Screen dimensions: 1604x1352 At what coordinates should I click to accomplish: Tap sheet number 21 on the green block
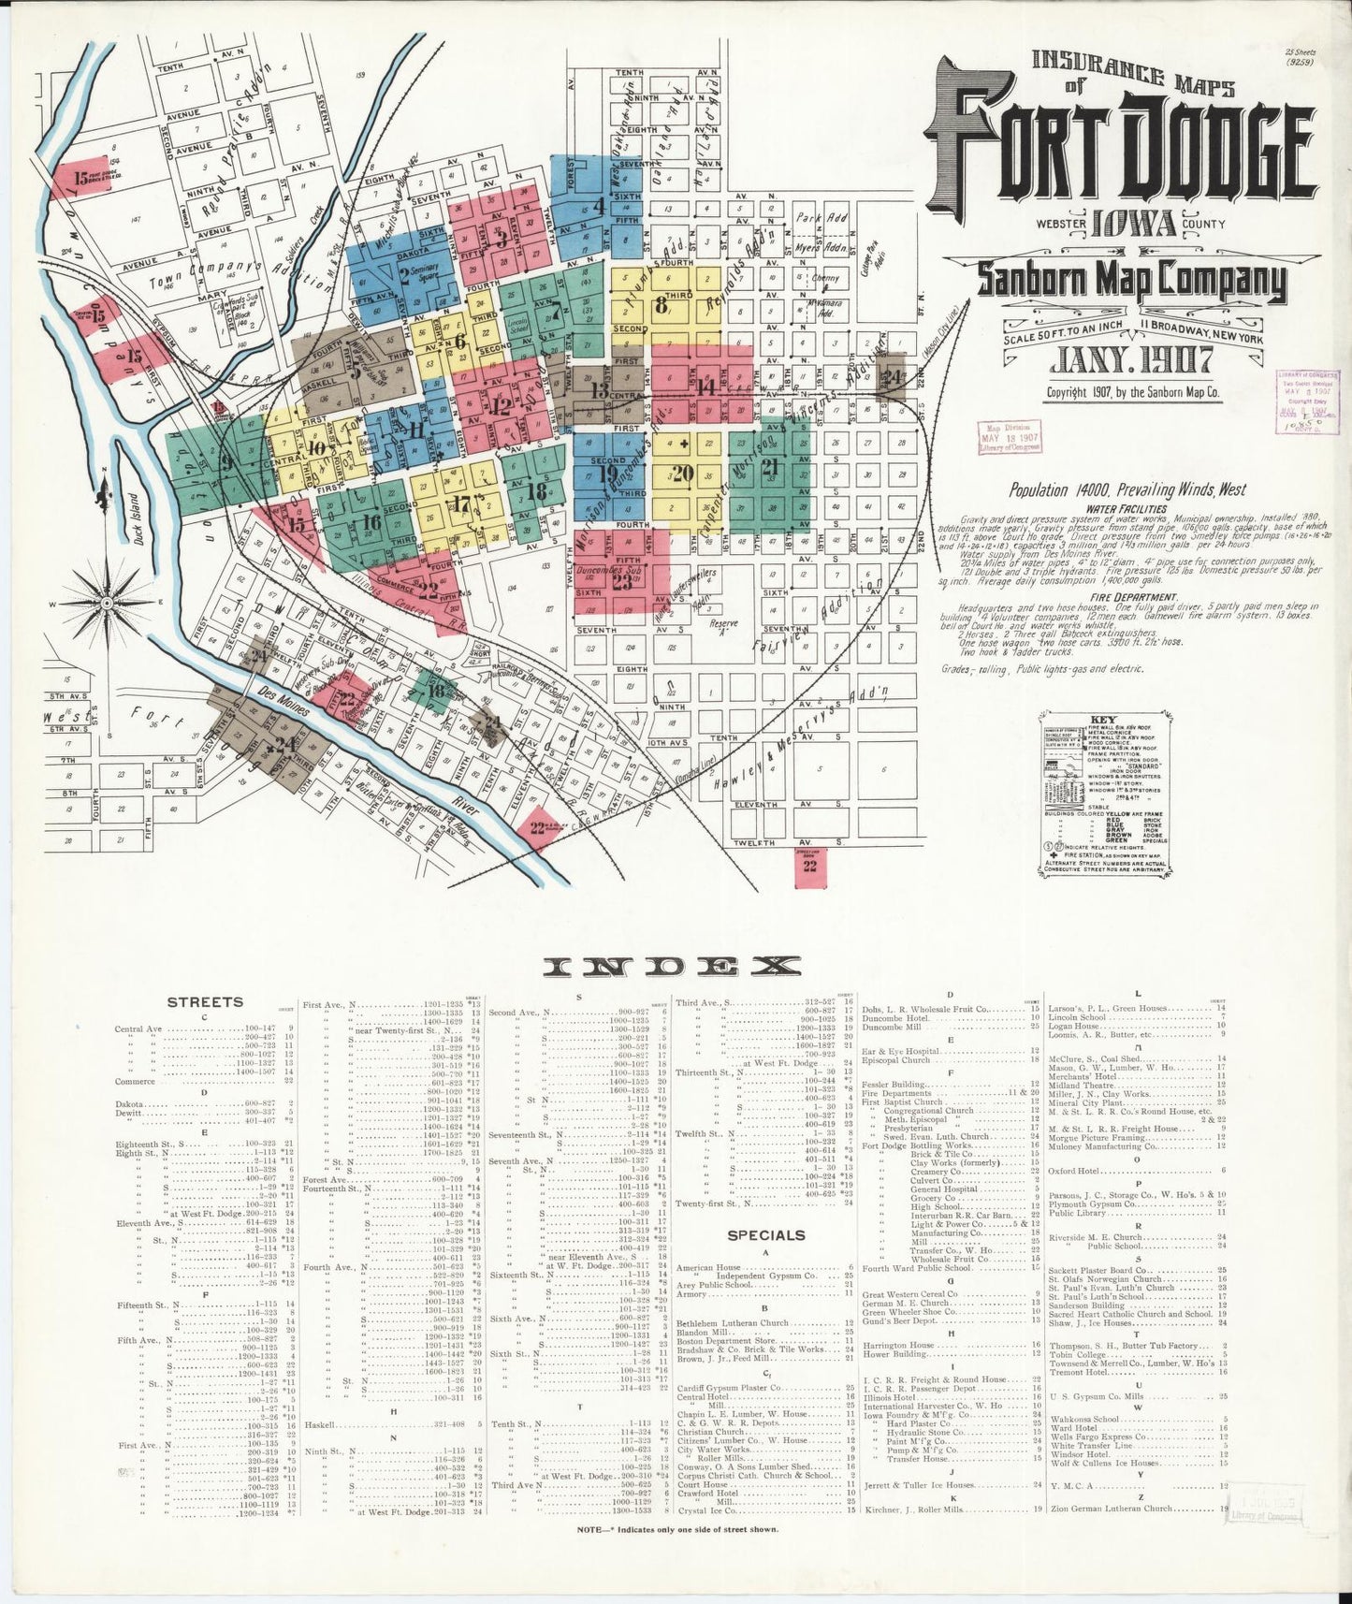pos(770,467)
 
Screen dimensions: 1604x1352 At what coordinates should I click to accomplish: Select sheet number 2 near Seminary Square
pos(404,274)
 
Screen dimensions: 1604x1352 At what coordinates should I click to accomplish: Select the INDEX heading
pos(675,965)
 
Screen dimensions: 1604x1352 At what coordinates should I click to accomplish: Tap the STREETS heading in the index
pos(204,1002)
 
